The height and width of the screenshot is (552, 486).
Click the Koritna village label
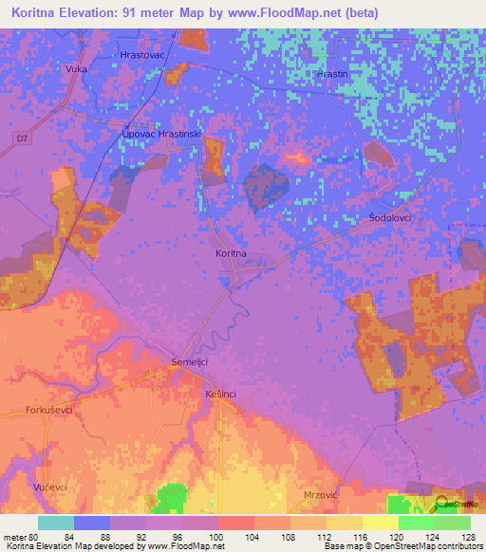(232, 253)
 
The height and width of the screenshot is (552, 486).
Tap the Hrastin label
(333, 73)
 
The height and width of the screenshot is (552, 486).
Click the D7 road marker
(22, 140)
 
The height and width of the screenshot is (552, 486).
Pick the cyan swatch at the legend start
(55, 523)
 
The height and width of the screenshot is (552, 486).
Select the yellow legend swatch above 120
(380, 523)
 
